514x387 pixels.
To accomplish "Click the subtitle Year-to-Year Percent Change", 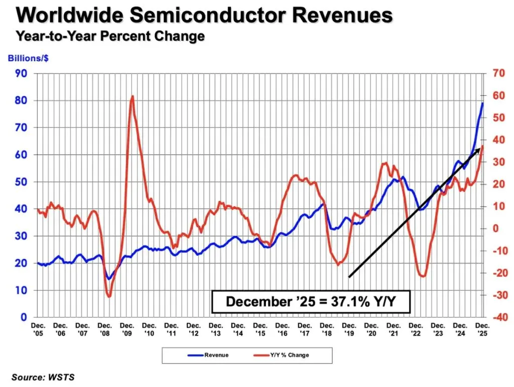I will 110,36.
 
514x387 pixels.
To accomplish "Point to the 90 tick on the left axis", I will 22,74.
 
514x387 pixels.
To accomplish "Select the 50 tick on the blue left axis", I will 22,182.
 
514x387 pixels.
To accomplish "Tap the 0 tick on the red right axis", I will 495,228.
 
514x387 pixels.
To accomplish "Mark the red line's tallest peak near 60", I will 132,96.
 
